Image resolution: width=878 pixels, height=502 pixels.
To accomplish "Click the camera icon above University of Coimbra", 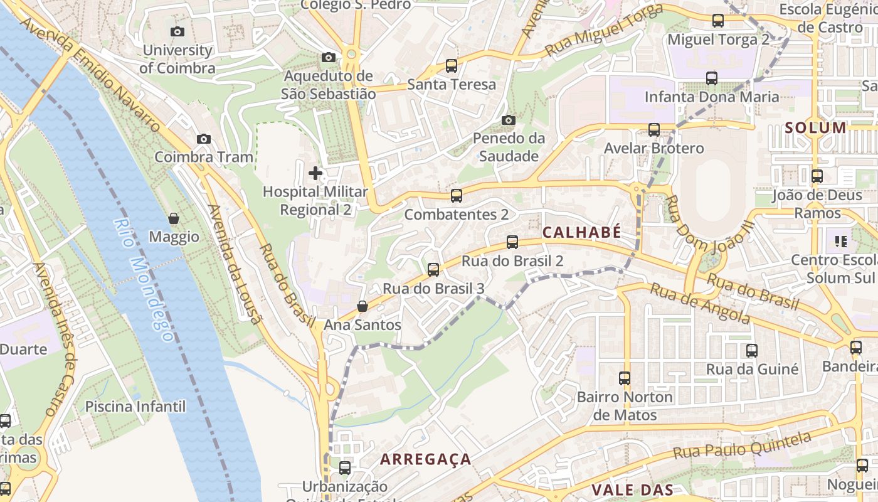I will (x=177, y=31).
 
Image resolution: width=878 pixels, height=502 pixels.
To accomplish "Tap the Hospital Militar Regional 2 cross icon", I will (x=315, y=173).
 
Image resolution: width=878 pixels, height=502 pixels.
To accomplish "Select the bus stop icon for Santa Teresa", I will (x=451, y=65).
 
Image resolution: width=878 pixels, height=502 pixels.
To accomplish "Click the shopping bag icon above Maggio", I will (x=174, y=218).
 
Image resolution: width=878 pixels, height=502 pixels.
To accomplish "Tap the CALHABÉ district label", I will (x=581, y=232).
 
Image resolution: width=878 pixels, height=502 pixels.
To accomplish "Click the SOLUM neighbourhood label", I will (x=815, y=128).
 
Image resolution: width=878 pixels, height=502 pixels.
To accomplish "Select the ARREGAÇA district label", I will (x=426, y=459).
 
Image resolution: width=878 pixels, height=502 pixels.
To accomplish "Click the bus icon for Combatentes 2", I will (x=457, y=196).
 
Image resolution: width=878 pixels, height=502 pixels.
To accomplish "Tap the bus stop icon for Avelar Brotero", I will (x=654, y=130).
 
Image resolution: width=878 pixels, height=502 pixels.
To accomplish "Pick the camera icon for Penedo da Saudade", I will (x=509, y=120).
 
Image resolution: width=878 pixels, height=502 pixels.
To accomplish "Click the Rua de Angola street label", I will (x=699, y=304).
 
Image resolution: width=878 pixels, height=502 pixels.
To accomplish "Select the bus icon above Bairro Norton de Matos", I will (x=625, y=378).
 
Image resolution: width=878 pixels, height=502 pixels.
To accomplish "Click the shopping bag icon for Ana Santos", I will (x=362, y=306).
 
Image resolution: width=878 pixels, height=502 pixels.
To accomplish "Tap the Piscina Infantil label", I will (x=135, y=407).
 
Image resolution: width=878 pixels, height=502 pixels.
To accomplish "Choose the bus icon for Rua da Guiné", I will (x=752, y=351).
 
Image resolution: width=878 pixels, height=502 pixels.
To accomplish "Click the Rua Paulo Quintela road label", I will (x=744, y=444).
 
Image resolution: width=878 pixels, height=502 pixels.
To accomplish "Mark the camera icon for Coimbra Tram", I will (x=204, y=139).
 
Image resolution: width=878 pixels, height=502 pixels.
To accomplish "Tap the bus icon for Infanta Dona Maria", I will (x=712, y=78).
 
